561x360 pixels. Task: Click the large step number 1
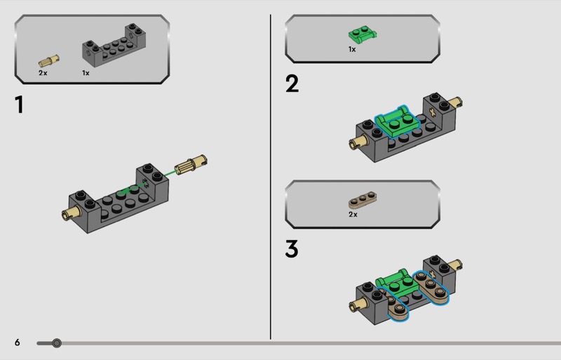click(x=20, y=105)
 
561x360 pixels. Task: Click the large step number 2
click(x=292, y=84)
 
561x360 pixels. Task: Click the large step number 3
click(x=292, y=248)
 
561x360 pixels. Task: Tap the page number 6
click(x=17, y=342)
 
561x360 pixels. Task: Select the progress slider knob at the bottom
click(x=57, y=343)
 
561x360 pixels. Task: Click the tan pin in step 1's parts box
click(x=49, y=61)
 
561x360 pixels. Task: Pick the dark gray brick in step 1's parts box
click(x=114, y=46)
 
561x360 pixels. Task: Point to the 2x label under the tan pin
click(x=43, y=73)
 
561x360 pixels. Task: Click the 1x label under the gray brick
click(x=86, y=73)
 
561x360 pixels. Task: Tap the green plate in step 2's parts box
click(x=363, y=35)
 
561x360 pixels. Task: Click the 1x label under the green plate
click(x=352, y=49)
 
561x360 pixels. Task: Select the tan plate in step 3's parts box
click(x=363, y=199)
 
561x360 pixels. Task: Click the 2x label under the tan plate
click(x=353, y=215)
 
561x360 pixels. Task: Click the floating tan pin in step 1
click(x=191, y=164)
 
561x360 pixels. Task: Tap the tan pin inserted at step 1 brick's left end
click(x=72, y=213)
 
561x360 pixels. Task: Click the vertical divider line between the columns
click(x=271, y=177)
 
